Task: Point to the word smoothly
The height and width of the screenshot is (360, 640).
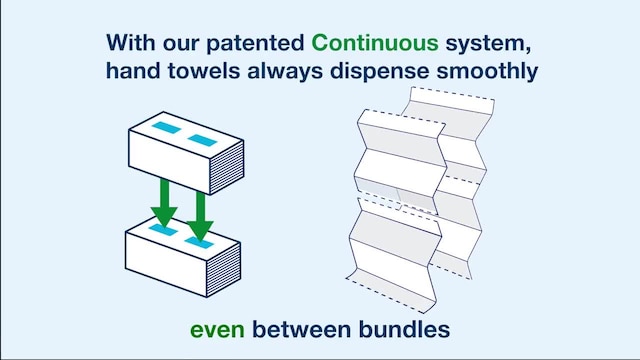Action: [493, 72]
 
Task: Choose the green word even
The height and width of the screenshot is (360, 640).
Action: [218, 328]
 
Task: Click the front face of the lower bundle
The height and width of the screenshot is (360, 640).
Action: [170, 263]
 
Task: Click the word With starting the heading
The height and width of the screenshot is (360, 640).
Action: [131, 43]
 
